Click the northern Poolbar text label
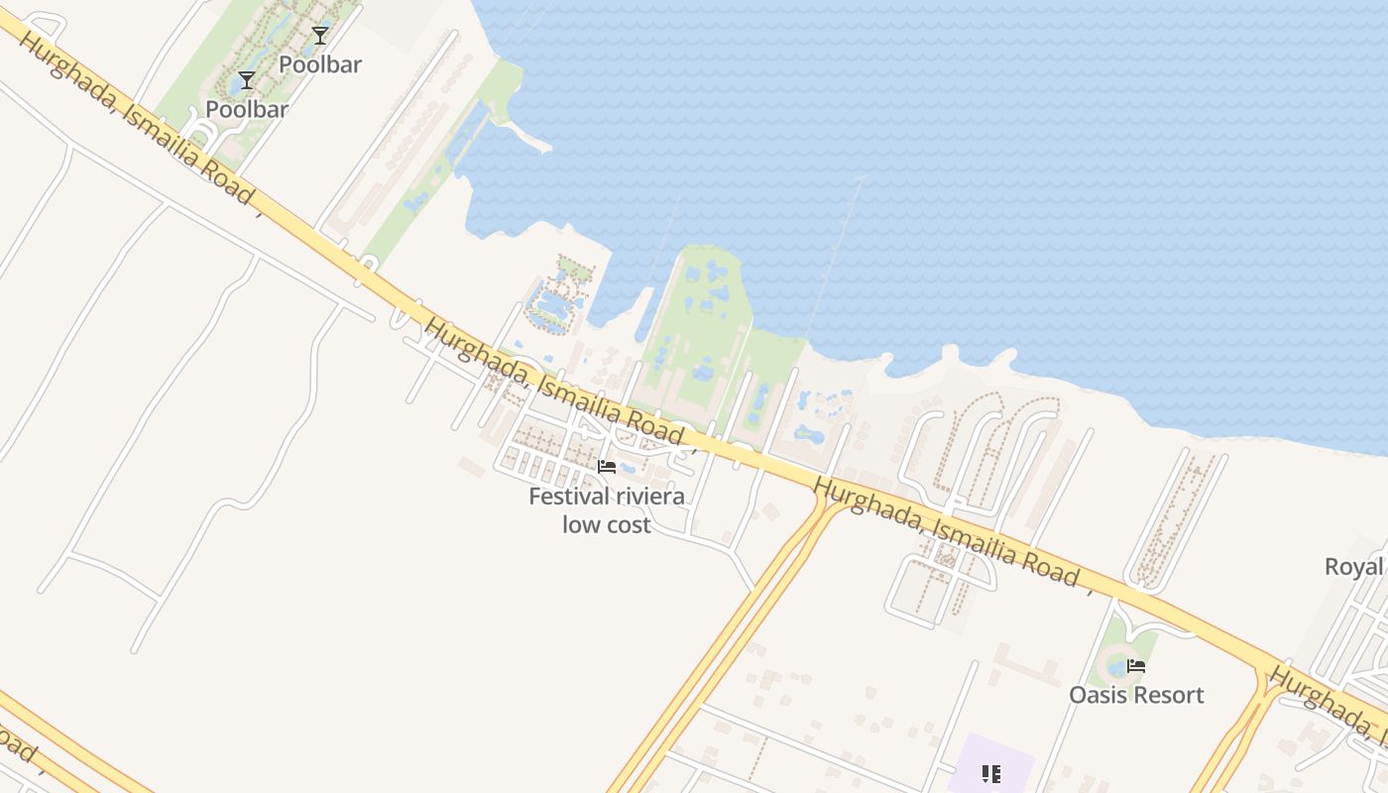tap(319, 64)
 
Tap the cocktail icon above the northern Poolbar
tap(319, 37)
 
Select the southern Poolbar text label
tap(247, 109)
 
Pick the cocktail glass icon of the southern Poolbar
tap(247, 80)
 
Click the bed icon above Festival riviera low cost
tap(607, 466)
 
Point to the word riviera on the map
tap(649, 496)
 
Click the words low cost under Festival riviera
tap(607, 524)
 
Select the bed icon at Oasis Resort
tap(1136, 666)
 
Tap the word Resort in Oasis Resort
tap(1171, 695)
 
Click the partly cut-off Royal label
tap(1354, 567)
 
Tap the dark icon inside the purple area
tap(990, 773)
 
